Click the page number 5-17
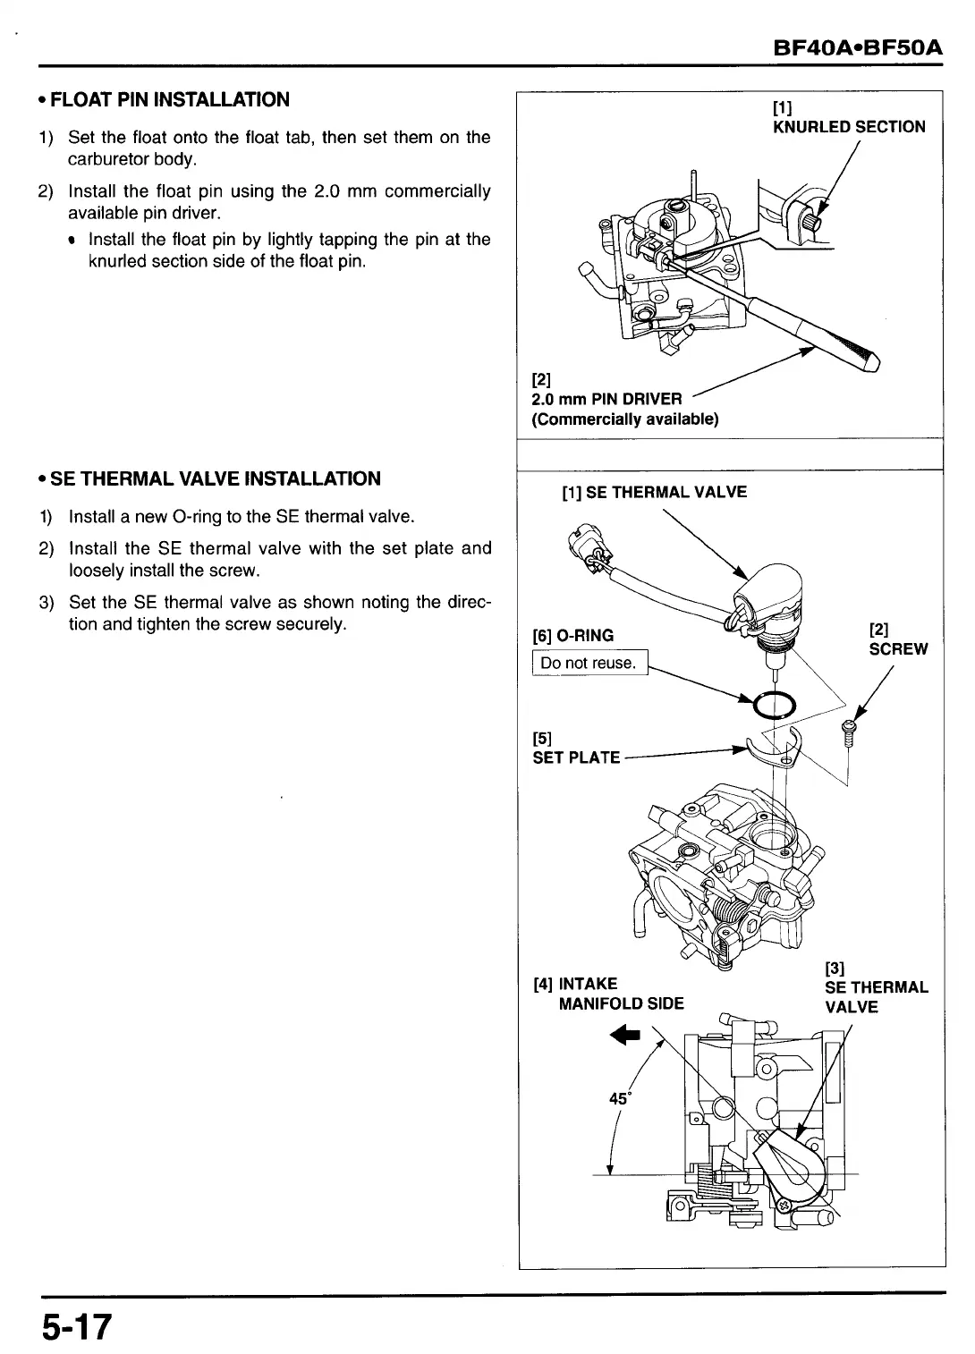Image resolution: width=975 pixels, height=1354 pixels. pos(76,1326)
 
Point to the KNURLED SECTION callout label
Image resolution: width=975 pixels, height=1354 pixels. pos(848,127)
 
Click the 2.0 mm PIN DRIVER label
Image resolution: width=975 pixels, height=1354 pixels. pos(606,399)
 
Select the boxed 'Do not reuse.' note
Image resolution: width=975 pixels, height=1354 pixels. pos(588,663)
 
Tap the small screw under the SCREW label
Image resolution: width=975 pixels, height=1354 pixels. pos(850,734)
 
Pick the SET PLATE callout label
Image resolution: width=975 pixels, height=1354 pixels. pos(575,757)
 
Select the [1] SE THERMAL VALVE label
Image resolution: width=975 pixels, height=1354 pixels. pos(654,492)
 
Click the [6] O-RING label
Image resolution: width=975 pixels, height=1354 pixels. pos(572,636)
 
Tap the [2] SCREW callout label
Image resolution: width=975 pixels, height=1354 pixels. pos(897,640)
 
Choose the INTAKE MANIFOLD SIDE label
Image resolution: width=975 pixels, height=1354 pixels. pos(608,994)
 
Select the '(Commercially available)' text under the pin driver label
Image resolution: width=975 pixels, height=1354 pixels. pos(624,419)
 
